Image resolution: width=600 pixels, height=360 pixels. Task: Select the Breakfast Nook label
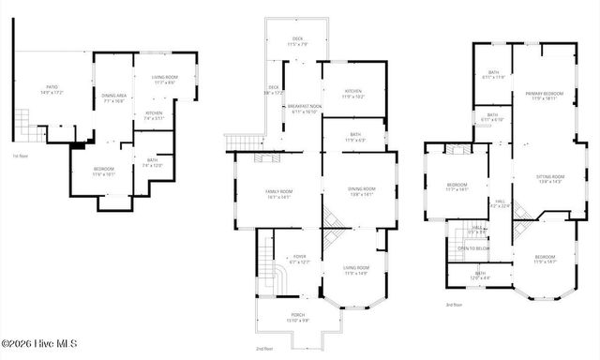tap(304, 110)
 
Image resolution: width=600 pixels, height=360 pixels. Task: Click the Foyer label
tap(298, 259)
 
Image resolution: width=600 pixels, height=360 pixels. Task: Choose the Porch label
tap(297, 319)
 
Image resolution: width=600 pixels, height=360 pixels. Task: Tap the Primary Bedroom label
tap(544, 96)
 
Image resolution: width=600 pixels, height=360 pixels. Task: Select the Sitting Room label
tap(550, 178)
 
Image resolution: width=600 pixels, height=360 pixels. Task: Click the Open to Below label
tap(474, 248)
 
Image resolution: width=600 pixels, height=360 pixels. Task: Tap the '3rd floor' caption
tap(455, 305)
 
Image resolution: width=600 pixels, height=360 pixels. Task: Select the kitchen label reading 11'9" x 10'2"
tap(352, 94)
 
